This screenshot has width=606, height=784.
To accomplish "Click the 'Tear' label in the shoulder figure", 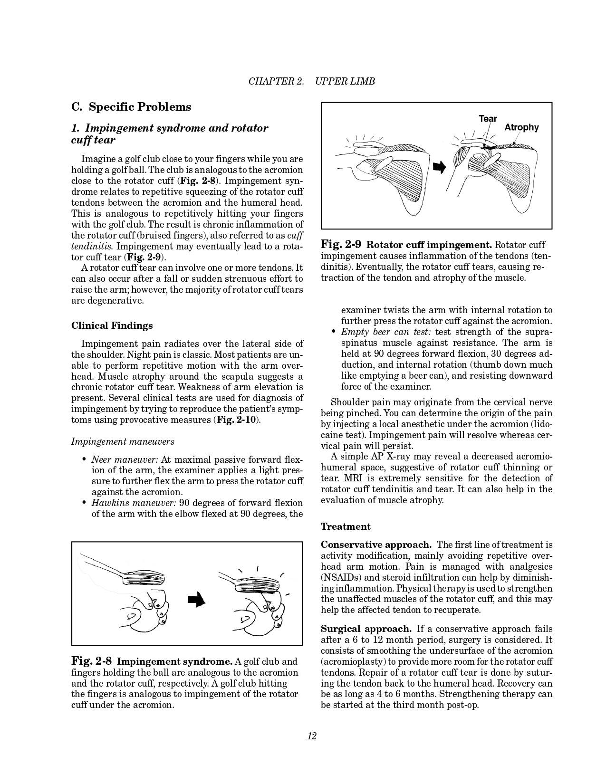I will point(488,119).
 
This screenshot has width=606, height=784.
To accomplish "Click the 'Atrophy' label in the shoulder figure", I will point(521,127).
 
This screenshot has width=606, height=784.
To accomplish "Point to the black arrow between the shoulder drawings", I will point(441,167).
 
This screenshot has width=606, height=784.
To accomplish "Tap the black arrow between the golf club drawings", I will point(196,600).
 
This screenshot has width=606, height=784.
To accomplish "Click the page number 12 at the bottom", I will point(312,736).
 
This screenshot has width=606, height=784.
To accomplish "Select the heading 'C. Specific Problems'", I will point(131,107).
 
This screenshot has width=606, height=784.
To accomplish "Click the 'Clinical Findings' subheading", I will point(112,325).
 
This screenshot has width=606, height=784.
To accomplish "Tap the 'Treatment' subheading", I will point(346,526).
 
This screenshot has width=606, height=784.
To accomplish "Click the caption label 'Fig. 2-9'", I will point(341,245).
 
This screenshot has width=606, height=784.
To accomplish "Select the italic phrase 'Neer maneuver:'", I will point(125,459).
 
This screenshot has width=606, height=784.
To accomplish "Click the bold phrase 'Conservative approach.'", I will point(376,545).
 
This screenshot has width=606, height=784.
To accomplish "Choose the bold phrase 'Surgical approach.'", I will point(366,629).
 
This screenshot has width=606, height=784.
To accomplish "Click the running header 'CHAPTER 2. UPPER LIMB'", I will point(312,81).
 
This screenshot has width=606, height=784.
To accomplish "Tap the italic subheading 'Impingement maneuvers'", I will point(123,441).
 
